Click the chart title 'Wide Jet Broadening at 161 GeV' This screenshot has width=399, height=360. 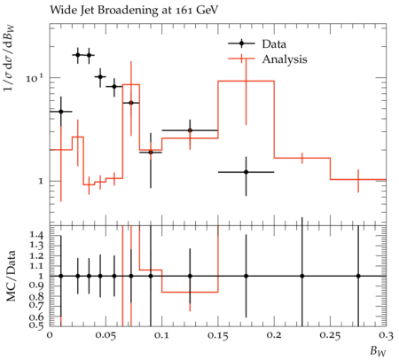134,11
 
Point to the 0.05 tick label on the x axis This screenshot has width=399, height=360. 106,336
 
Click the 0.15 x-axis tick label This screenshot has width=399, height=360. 217,336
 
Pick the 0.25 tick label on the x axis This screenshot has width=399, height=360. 330,336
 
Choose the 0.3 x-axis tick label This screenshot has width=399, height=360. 386,336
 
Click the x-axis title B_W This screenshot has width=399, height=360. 378,351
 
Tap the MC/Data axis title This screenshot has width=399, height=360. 11,276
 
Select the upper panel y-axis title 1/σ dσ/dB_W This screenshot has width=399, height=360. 10,58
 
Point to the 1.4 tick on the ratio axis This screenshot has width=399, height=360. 36,235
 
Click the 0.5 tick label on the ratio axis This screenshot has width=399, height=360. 36,325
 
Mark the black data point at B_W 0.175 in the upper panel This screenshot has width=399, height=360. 246,172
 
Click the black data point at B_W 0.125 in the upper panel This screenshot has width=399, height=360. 190,130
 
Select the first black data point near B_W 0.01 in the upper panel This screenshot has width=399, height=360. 61,112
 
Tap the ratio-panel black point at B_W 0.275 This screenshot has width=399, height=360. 358,276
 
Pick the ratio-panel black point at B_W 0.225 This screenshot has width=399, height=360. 302,276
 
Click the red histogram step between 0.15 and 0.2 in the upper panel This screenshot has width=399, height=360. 246,81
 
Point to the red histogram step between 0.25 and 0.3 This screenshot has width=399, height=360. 358,179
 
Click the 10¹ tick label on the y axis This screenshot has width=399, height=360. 35,78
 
